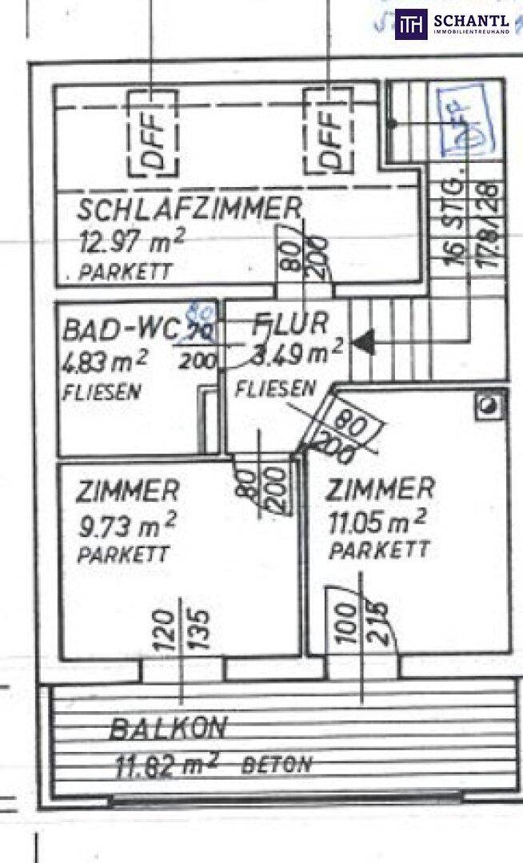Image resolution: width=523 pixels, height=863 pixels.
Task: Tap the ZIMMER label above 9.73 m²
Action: (127, 491)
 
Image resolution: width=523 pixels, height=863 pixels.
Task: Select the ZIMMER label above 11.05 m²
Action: (381, 488)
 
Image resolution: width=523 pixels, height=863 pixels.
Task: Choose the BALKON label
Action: (169, 729)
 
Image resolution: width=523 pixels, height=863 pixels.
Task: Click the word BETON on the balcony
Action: (277, 764)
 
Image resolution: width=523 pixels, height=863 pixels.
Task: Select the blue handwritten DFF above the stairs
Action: (461, 119)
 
